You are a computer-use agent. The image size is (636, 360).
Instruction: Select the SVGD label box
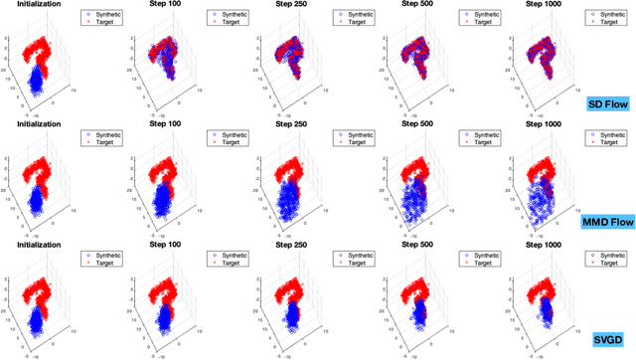coord(609,339)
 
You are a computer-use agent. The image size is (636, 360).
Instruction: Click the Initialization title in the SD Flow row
coord(32,5)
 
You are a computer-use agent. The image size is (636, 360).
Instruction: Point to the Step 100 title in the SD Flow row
coord(159,5)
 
